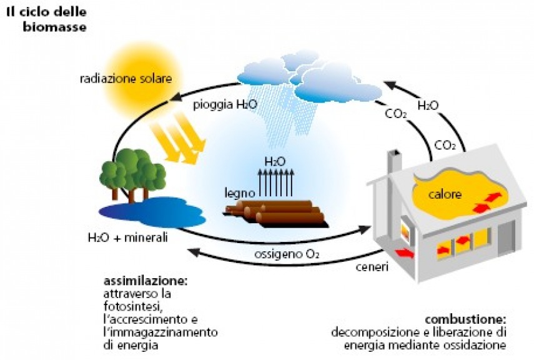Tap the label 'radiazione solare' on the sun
tap(125, 79)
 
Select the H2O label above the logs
tap(275, 161)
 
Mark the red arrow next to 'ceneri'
tap(404, 254)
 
